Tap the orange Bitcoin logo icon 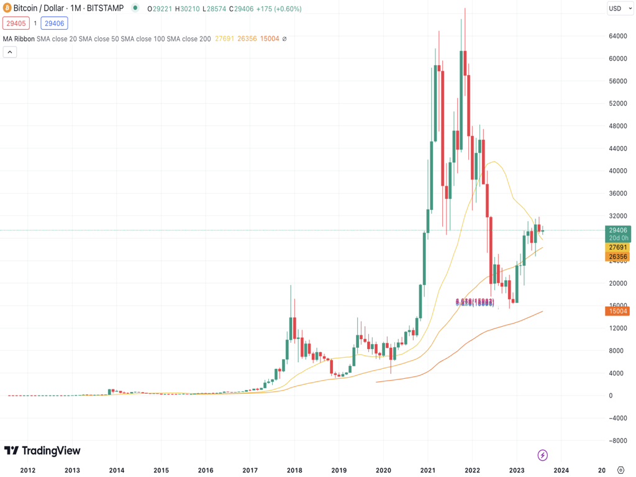point(7,8)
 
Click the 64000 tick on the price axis point(618,36)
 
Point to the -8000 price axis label point(617,441)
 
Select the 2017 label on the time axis point(250,470)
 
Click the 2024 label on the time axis point(561,470)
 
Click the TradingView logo point(42,451)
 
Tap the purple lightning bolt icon point(542,455)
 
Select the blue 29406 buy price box point(54,24)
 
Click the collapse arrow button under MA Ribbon point(10,52)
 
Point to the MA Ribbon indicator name point(19,39)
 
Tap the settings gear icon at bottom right point(620,470)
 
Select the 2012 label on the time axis point(27,470)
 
